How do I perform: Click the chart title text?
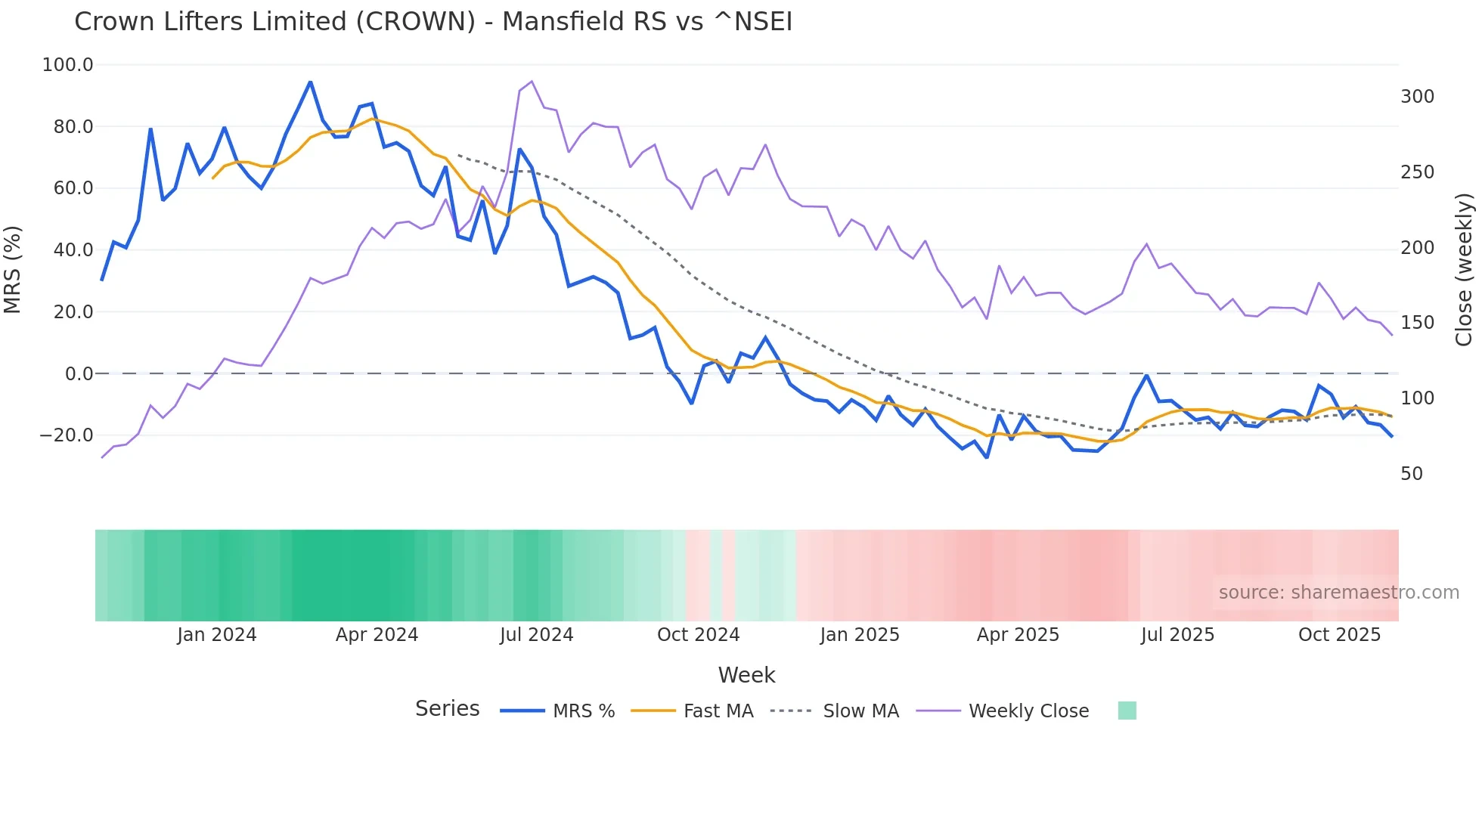tap(433, 22)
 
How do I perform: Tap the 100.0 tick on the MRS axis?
tap(68, 65)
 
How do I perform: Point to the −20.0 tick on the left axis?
tap(67, 435)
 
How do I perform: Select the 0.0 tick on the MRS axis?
tap(79, 373)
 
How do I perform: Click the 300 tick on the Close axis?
tap(1417, 97)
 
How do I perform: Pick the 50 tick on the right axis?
tap(1412, 474)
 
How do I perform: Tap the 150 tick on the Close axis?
tap(1417, 323)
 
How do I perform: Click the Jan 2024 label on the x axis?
tap(217, 635)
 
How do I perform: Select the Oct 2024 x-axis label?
tap(698, 635)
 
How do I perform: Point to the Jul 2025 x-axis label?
tap(1177, 635)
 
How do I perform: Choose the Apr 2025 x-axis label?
tap(1018, 635)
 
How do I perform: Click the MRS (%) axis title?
tap(13, 269)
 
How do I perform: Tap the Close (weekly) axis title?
tap(1465, 270)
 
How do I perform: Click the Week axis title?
tap(746, 675)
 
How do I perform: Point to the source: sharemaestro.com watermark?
tap(1338, 593)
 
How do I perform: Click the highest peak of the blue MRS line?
tap(310, 82)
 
